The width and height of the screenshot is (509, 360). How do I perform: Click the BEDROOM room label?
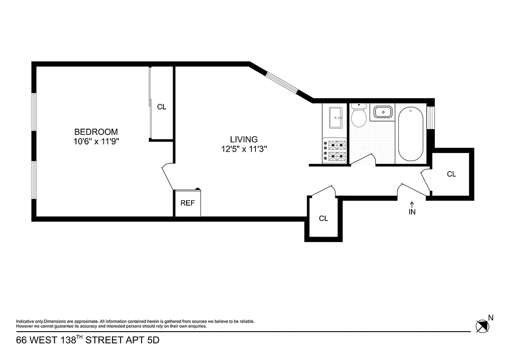click(96, 132)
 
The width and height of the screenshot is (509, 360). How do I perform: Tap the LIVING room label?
click(244, 139)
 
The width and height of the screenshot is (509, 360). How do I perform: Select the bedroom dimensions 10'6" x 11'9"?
click(96, 141)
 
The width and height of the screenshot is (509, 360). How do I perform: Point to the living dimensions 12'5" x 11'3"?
click(244, 149)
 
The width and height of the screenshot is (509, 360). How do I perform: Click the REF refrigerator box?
click(188, 203)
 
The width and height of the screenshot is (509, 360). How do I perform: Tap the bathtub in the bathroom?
click(410, 134)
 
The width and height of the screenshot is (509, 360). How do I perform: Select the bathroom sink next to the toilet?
click(382, 112)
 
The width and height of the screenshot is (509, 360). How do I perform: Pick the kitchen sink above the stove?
click(335, 117)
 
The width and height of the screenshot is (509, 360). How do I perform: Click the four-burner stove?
click(335, 151)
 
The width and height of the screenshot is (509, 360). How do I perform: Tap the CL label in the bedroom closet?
click(161, 107)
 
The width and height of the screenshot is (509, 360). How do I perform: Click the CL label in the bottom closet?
click(323, 219)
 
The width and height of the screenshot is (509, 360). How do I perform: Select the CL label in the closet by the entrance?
click(451, 174)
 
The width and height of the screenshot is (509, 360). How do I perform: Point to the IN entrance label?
click(412, 212)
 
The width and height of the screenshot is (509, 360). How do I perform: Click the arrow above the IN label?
click(412, 205)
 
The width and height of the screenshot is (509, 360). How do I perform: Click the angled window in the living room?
click(282, 82)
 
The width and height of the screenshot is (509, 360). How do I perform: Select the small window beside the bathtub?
click(430, 117)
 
